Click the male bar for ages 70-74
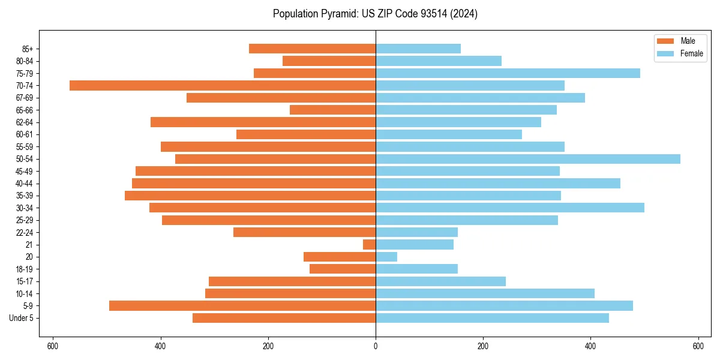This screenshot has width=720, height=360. click(223, 85)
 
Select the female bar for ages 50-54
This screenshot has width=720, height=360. click(528, 159)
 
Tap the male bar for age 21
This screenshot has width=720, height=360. click(369, 245)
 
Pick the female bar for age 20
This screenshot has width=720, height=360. click(386, 257)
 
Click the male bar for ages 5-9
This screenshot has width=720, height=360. click(242, 306)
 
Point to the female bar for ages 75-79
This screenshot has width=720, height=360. click(508, 73)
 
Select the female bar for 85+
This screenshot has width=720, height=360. click(418, 49)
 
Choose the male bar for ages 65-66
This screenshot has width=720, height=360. click(332, 110)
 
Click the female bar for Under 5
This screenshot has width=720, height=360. click(492, 318)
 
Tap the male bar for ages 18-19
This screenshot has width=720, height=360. click(343, 269)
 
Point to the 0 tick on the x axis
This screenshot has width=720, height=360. click(376, 346)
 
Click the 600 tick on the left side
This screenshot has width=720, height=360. click(53, 346)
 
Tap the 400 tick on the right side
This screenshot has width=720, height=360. click(590, 346)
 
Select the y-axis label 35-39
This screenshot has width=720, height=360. click(25, 196)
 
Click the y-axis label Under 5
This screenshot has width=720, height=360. click(22, 318)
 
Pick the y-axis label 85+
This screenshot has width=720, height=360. click(28, 49)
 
